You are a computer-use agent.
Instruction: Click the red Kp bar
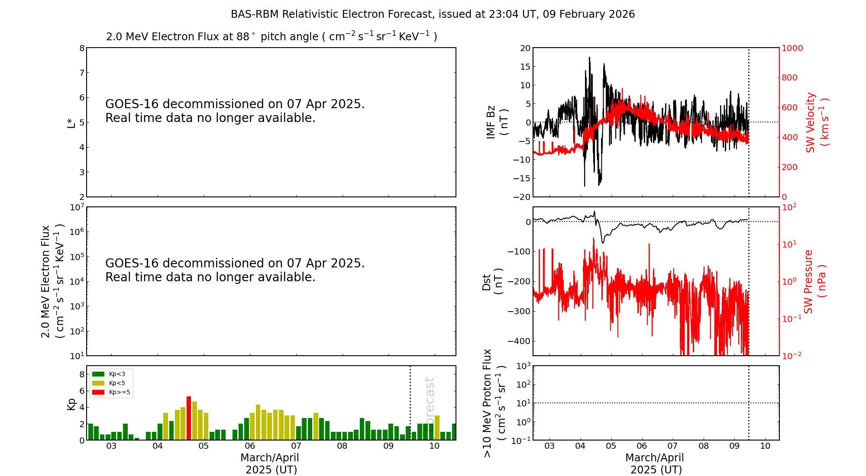(189, 418)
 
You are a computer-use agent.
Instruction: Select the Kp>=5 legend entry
(119, 392)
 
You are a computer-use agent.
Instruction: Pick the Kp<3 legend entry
(117, 374)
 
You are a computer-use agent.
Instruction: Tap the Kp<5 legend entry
(117, 383)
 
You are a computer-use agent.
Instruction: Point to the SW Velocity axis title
(816, 122)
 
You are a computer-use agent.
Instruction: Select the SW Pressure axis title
(814, 281)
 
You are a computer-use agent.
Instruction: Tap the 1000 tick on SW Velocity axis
(792, 48)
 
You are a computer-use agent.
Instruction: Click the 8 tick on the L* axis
(81, 48)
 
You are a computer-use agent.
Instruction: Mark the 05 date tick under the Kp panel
(204, 446)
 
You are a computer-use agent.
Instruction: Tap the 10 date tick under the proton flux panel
(765, 446)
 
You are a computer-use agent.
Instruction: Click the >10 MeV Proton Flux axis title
(494, 403)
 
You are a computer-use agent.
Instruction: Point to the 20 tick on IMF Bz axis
(525, 48)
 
